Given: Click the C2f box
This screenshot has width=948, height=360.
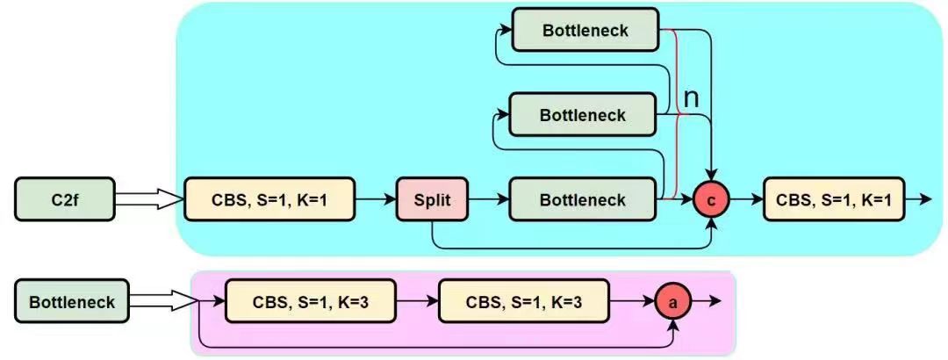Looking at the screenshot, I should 65,199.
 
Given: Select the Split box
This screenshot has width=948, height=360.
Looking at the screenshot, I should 431,199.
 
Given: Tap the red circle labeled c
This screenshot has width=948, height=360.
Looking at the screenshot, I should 710,199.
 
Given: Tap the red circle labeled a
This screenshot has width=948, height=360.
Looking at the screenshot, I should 673,301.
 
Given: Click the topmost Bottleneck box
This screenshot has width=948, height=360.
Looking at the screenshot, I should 585,30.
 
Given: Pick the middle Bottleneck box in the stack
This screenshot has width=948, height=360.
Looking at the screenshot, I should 583,115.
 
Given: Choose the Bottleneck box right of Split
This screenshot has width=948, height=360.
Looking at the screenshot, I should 583,199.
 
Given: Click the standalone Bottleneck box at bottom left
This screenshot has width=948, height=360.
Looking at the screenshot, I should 72,301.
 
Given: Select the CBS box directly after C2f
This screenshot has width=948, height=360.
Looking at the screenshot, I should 269,199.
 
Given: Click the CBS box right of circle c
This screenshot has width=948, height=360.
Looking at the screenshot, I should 833,199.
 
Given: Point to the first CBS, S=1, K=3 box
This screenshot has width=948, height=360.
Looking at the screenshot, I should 310,301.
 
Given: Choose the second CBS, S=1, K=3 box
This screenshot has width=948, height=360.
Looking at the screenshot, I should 524,301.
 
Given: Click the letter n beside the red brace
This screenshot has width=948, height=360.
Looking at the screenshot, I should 691,98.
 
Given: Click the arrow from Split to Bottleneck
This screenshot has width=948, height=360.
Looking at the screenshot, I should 488,199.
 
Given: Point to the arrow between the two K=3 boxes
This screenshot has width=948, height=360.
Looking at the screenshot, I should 416,301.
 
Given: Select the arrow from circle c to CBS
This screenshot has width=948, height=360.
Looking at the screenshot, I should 745,199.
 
